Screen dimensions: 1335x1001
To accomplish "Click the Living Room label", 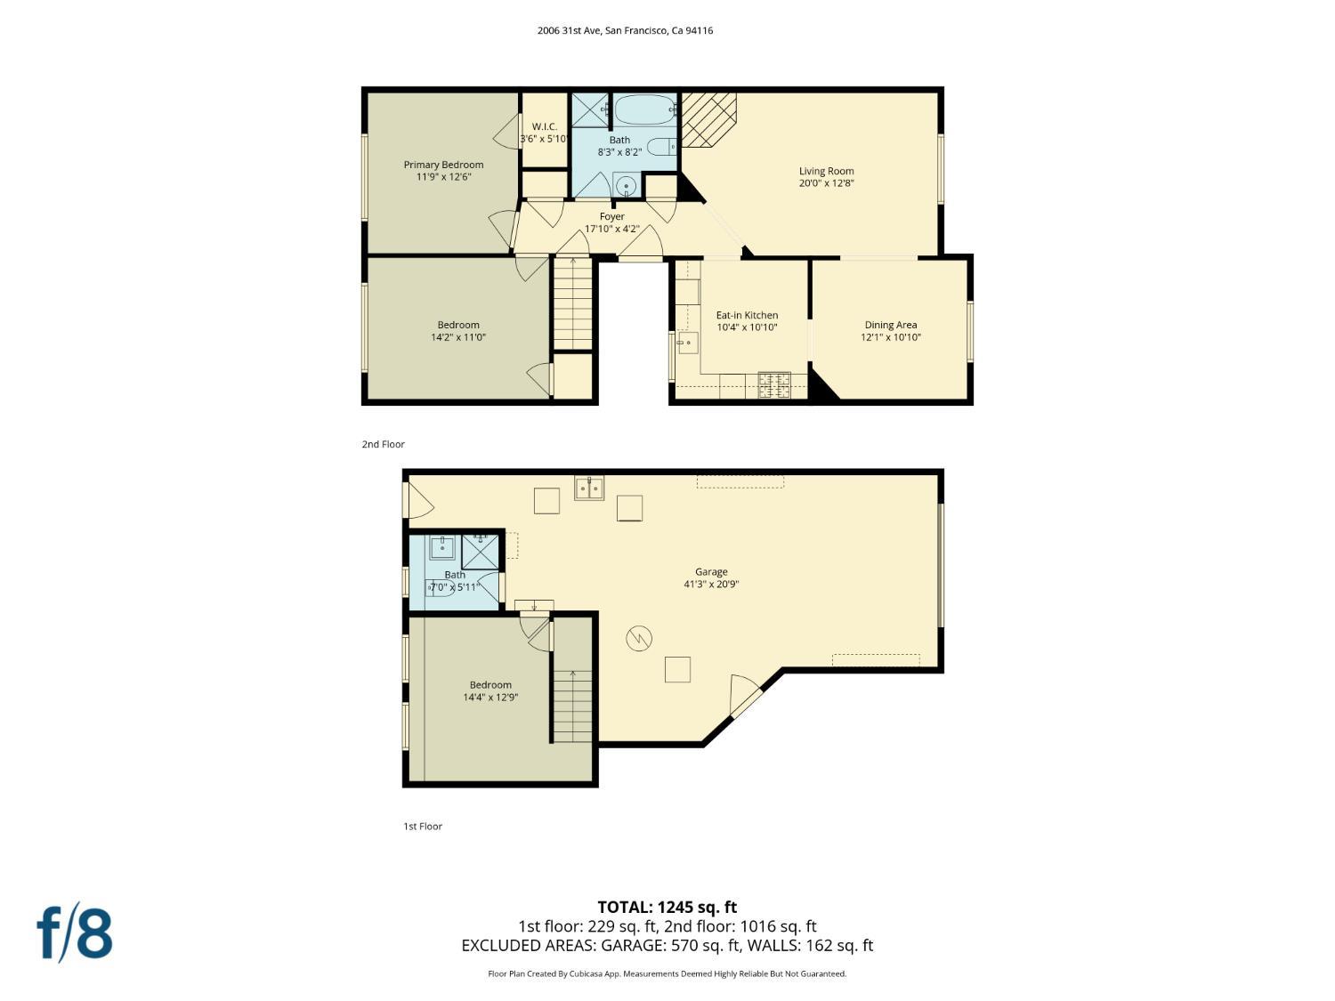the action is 826,171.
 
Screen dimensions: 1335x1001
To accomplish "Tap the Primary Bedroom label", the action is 443,165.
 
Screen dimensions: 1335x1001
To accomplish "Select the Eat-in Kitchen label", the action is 747,315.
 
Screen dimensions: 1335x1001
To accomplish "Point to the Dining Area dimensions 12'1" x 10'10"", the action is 890,337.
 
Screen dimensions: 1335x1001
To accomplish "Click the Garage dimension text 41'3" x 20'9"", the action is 711,584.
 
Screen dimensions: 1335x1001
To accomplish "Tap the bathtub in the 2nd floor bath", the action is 645,110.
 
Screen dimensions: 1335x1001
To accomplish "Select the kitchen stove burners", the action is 774,384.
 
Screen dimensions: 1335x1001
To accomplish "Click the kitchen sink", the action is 687,343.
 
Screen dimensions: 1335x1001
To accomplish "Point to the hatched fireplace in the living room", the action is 708,120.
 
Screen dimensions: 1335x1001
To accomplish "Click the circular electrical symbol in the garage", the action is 639,638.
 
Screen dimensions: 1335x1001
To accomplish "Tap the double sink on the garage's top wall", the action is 589,488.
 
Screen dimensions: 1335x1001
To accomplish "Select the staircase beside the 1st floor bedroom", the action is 571,706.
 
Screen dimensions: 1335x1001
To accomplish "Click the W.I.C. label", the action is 545,126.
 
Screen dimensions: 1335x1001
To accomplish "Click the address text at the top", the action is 625,30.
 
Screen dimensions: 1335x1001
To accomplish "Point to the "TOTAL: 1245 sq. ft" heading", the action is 667,908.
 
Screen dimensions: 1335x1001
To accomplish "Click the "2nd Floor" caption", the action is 384,444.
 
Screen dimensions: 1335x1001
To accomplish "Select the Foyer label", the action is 611,216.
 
